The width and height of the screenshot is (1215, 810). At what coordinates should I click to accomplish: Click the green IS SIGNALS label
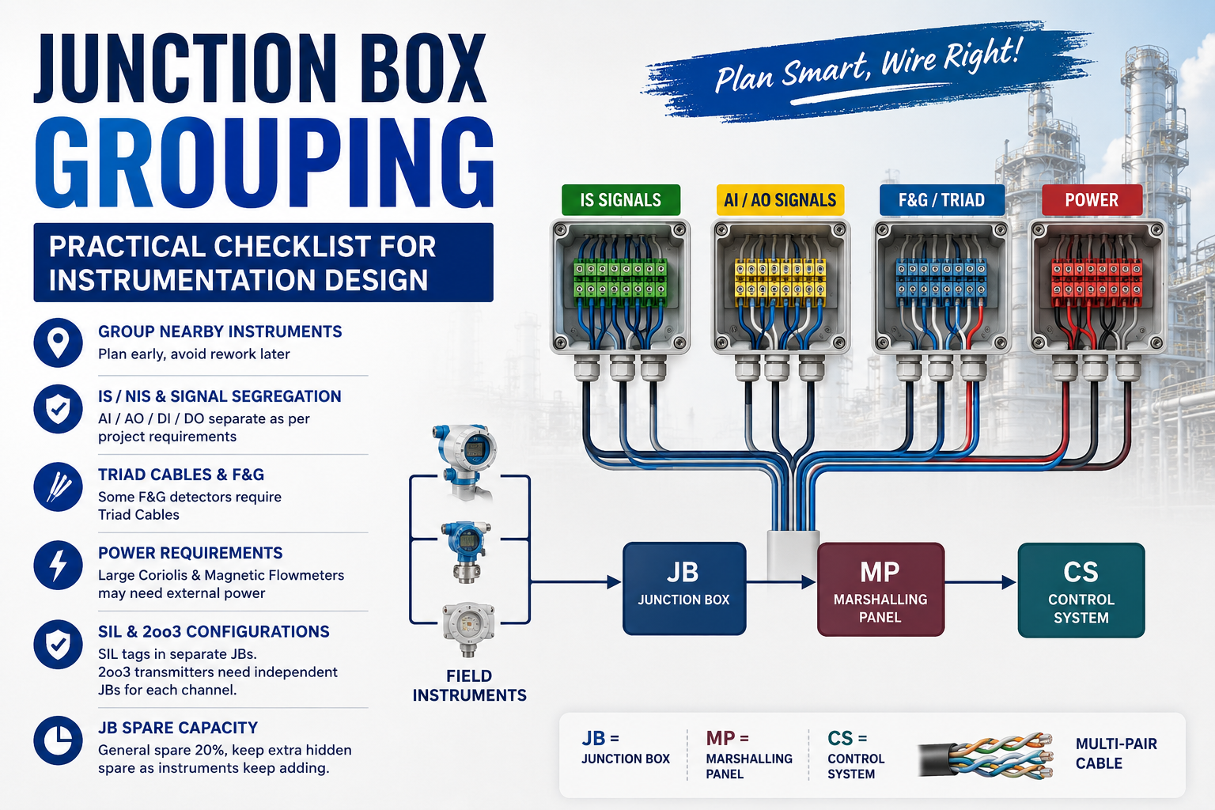[x=620, y=200]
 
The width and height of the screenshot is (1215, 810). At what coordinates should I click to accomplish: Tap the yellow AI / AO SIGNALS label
[x=780, y=200]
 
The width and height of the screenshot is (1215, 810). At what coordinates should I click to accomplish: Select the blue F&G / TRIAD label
[x=941, y=200]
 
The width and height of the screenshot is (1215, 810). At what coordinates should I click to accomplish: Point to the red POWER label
[x=1092, y=200]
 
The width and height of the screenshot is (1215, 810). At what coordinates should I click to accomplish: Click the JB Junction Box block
[x=684, y=589]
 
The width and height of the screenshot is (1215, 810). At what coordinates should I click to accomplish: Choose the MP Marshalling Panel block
[x=880, y=589]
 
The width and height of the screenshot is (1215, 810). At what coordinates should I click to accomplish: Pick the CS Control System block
[x=1081, y=590]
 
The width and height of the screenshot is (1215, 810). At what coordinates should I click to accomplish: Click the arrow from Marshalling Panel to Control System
[x=981, y=582]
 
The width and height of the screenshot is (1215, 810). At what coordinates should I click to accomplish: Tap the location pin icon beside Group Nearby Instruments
[x=58, y=343]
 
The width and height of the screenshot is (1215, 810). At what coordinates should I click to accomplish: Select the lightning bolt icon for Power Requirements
[x=58, y=566]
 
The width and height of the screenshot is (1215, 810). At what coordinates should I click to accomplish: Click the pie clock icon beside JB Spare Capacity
[x=58, y=740]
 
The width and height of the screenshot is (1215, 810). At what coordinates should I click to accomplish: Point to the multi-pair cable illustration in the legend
[x=986, y=755]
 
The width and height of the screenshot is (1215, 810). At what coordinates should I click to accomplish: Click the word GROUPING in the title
[x=264, y=162]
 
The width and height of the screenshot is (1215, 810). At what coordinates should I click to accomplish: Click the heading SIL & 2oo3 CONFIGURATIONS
[x=214, y=631]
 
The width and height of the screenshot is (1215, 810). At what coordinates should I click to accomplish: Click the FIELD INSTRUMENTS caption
[x=470, y=686]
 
